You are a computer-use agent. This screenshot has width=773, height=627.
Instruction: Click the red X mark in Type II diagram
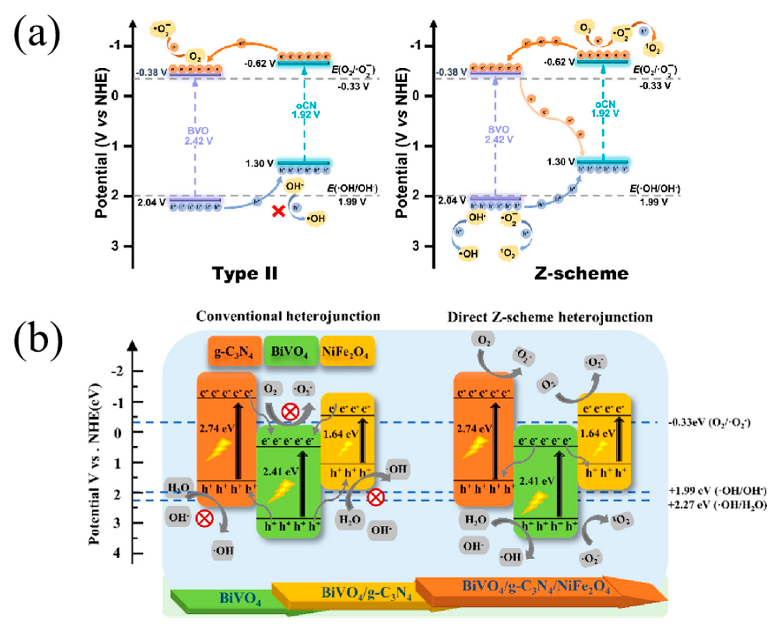click(x=278, y=211)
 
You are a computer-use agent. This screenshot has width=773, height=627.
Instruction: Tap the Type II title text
click(x=245, y=274)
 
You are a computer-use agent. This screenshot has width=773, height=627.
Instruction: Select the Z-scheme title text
click(x=581, y=274)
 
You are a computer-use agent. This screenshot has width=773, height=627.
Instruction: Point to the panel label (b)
click(x=38, y=341)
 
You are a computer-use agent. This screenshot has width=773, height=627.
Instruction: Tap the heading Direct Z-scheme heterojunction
click(x=550, y=317)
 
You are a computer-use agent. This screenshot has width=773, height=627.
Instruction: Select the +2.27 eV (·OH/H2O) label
click(x=717, y=505)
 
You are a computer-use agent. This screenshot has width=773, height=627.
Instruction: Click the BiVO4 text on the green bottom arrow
click(x=240, y=598)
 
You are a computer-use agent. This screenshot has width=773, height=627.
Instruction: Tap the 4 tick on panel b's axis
click(x=117, y=553)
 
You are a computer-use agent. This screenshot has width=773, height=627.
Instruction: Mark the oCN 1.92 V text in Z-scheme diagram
click(x=605, y=109)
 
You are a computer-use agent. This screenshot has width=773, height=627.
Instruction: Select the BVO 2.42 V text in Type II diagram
click(x=198, y=136)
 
